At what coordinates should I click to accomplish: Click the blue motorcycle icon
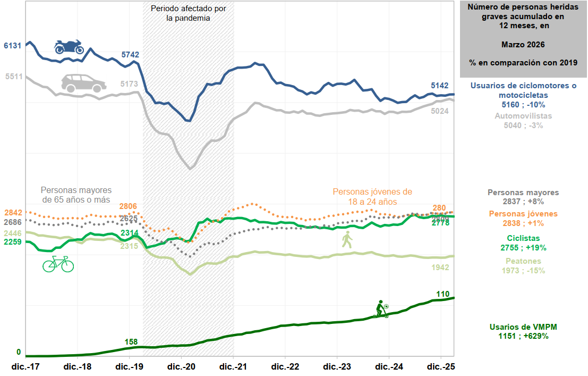pos(69,47)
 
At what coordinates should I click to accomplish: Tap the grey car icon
pos(83,83)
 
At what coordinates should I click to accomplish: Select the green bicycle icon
pos(58,264)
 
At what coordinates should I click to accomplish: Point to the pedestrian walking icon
pos(347,240)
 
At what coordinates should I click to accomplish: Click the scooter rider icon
pos(381,309)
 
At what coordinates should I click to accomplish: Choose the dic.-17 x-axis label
pos(26,367)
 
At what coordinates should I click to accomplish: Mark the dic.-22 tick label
pos(286,367)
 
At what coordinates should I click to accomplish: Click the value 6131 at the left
pos(12,46)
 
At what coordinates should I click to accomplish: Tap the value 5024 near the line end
pos(440,111)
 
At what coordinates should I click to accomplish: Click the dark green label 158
pos(131,341)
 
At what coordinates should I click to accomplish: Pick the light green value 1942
pos(440,267)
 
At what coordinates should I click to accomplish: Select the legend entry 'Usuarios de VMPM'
pos(523,327)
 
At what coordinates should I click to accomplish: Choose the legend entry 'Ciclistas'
pos(523,238)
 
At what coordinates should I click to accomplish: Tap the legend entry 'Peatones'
pos(523,261)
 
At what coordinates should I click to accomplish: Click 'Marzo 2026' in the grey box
pos(523,44)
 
